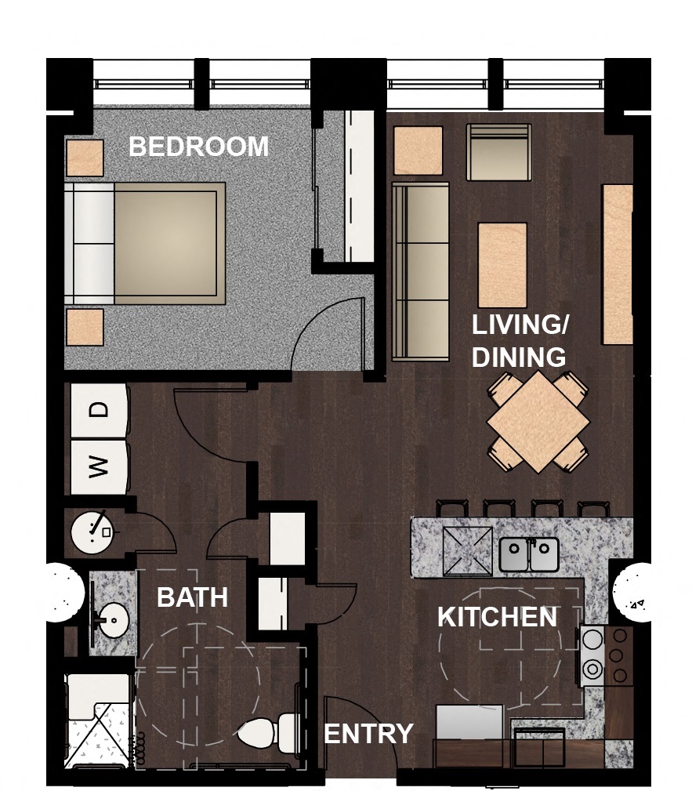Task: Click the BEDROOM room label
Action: (198, 147)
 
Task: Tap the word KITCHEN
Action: (497, 617)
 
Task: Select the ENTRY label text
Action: (368, 734)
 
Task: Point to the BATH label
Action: (192, 597)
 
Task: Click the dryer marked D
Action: (99, 410)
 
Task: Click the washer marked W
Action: (99, 467)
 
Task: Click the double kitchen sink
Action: (529, 555)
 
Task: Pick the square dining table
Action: (538, 422)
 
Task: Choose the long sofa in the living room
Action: (420, 271)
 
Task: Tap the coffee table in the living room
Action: (502, 265)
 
